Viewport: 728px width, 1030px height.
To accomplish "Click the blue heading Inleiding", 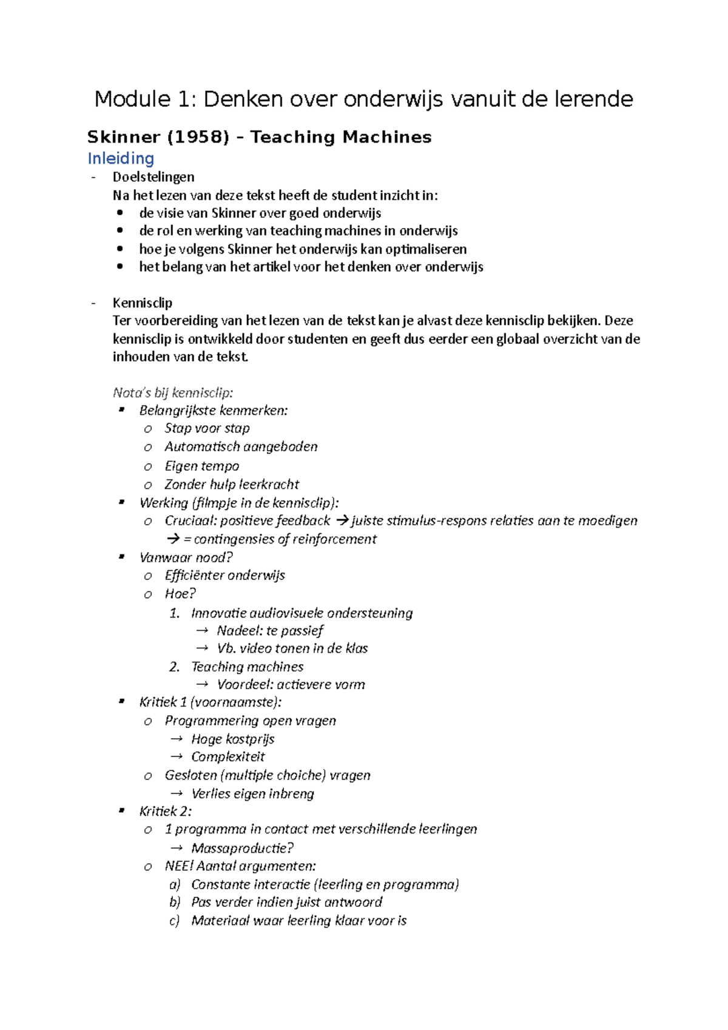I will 121,159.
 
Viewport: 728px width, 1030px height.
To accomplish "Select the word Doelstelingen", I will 153,177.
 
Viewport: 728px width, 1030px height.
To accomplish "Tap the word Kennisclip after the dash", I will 143,303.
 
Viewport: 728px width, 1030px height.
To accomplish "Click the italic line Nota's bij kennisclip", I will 173,392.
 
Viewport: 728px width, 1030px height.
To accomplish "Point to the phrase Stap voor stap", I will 207,428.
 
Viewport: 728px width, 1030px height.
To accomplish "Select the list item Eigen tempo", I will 202,466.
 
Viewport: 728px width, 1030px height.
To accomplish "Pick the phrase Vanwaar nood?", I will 186,557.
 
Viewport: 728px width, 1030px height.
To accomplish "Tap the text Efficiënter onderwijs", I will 224,575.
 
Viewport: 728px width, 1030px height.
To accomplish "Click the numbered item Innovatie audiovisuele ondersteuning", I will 302,613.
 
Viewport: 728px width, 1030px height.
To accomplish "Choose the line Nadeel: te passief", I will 270,631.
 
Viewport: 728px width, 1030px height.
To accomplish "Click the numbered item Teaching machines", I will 247,667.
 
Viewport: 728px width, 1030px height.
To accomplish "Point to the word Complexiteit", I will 228,757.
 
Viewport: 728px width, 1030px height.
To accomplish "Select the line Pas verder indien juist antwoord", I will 286,902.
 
